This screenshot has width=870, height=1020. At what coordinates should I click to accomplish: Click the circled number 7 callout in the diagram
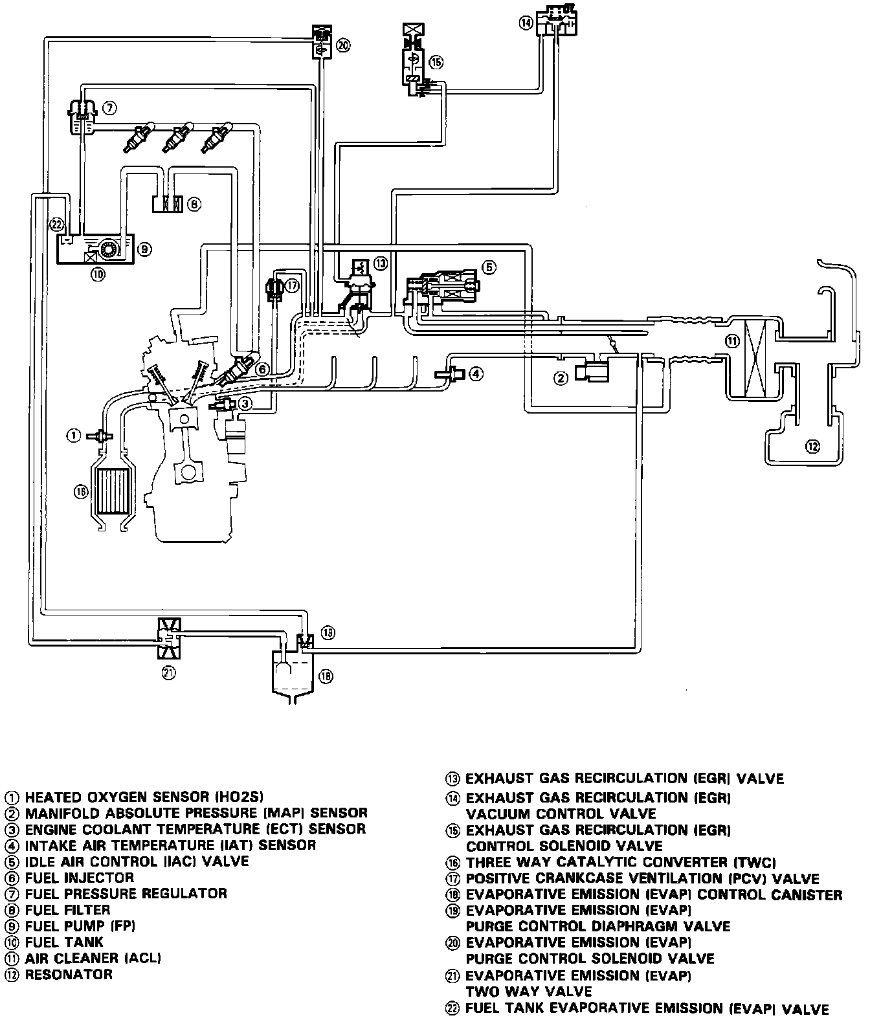click(x=109, y=107)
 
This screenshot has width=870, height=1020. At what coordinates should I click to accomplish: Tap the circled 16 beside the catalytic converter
click(x=80, y=491)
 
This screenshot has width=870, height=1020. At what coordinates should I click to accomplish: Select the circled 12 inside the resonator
click(x=813, y=447)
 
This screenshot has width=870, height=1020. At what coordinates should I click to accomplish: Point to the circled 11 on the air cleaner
click(x=732, y=341)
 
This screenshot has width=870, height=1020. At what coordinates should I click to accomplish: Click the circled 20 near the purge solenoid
click(x=343, y=45)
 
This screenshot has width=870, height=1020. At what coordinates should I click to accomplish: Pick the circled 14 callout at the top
click(x=526, y=22)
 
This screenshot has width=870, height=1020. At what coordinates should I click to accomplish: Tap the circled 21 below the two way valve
click(x=169, y=672)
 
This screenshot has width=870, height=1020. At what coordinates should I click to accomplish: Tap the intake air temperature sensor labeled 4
click(x=449, y=374)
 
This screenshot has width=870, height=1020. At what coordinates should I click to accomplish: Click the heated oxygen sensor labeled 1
click(x=99, y=436)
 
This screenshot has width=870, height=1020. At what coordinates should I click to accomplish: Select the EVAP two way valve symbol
click(x=169, y=639)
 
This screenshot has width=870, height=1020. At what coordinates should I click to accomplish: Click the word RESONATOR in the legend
click(x=69, y=974)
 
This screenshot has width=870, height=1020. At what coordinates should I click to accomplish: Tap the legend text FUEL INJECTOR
click(x=80, y=878)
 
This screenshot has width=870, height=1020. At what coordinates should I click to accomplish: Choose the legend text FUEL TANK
click(x=64, y=942)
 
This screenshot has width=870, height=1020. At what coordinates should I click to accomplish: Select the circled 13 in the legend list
click(x=452, y=779)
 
